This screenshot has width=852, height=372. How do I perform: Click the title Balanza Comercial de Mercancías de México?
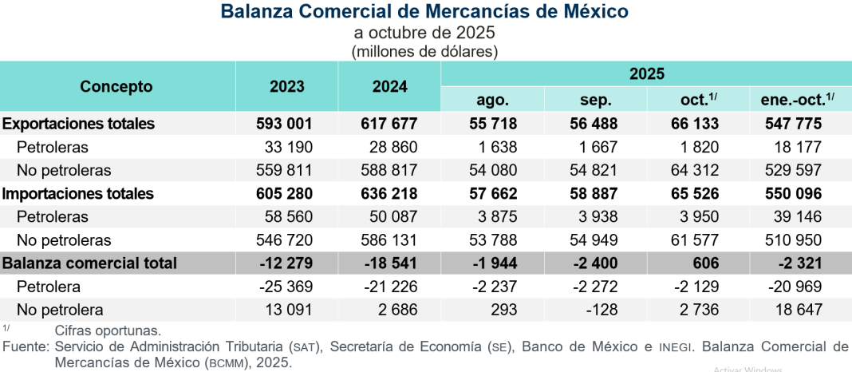pyautogui.click(x=424, y=12)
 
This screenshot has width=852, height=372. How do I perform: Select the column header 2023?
pyautogui.click(x=286, y=87)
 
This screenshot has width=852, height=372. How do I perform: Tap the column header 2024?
pyautogui.click(x=389, y=87)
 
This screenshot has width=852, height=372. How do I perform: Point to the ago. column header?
pyautogui.click(x=492, y=100)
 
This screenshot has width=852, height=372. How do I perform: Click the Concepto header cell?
pyautogui.click(x=116, y=87)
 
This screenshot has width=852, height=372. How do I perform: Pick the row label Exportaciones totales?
pyautogui.click(x=78, y=124)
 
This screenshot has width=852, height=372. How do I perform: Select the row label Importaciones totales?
pyautogui.click(x=78, y=193)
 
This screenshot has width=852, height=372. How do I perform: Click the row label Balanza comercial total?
pyautogui.click(x=89, y=263)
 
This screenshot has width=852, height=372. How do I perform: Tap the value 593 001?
pyautogui.click(x=283, y=124)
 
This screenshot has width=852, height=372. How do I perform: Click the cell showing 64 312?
pyautogui.click(x=693, y=170)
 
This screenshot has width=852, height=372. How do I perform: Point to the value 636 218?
pyautogui.click(x=386, y=193)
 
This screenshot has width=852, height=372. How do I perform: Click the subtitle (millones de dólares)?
pyautogui.click(x=424, y=51)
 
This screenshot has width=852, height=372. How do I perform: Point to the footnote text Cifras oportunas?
pyautogui.click(x=108, y=330)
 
